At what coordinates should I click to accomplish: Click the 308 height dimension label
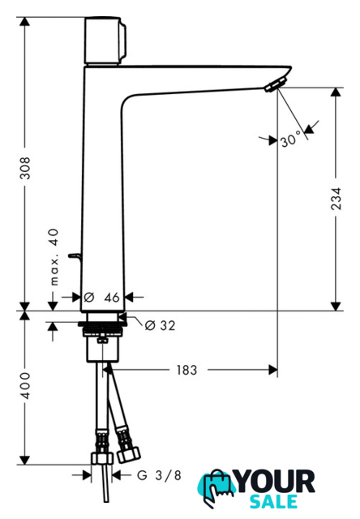pos(25,168)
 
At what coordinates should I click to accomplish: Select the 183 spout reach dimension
pos(186,370)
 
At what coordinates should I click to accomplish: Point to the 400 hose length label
pos(25,386)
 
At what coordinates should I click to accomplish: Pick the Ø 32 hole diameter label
pos(161,325)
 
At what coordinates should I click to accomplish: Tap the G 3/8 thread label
pos(159,476)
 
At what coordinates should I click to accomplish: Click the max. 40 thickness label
pos(54,257)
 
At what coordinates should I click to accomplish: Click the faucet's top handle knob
pos(105,41)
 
